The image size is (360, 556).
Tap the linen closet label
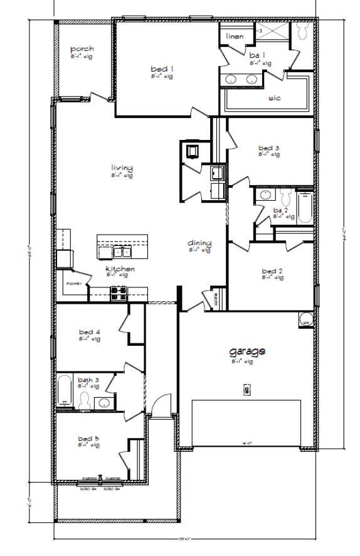coord(235,36)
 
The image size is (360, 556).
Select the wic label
coord(274,97)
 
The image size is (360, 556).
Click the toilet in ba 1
coord(302,30)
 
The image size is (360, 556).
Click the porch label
coord(82,49)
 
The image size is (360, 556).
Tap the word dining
coord(199,243)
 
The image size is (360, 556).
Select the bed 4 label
coord(89,331)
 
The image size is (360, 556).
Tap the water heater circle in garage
coord(306,319)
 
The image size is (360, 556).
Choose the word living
coord(122,168)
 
